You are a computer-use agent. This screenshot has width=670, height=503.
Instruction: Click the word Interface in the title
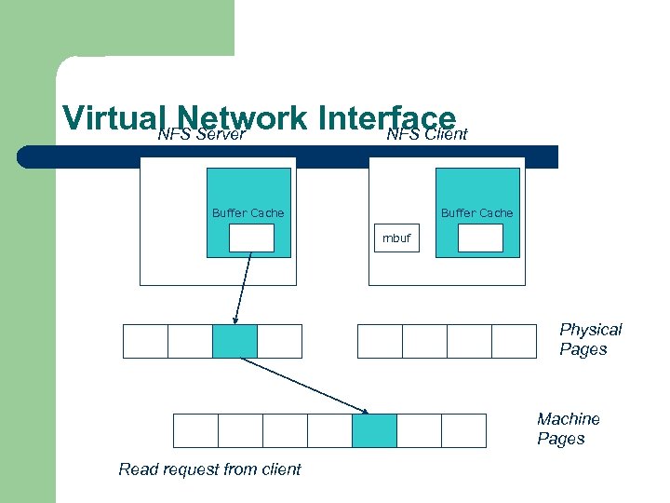pyautogui.click(x=386, y=118)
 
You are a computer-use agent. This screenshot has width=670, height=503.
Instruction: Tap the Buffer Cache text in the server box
pyautogui.click(x=248, y=213)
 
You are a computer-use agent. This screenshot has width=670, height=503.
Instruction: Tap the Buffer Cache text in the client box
pyautogui.click(x=476, y=213)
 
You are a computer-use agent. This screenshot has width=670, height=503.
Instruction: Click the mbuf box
pyautogui.click(x=395, y=238)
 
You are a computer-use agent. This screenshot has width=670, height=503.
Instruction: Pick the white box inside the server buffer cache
pyautogui.click(x=251, y=238)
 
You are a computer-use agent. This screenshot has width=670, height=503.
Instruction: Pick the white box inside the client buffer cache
pyautogui.click(x=480, y=238)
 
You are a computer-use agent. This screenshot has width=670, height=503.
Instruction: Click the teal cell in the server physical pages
pyautogui.click(x=234, y=341)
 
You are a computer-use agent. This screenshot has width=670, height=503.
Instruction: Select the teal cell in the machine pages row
pyautogui.click(x=374, y=430)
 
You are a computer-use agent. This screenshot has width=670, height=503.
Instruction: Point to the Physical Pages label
pyautogui.click(x=590, y=339)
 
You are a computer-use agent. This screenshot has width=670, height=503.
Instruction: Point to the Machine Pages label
pyautogui.click(x=568, y=429)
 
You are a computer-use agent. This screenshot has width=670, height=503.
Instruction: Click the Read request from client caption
pyautogui.click(x=209, y=469)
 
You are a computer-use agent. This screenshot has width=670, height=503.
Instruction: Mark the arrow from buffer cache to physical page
pyautogui.click(x=243, y=289)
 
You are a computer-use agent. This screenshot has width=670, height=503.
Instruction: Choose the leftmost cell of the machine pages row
pyautogui.click(x=195, y=430)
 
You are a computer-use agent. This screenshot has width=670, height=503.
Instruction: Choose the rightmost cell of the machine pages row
pyautogui.click(x=463, y=430)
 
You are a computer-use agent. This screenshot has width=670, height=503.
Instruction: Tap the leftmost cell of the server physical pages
pyautogui.click(x=145, y=341)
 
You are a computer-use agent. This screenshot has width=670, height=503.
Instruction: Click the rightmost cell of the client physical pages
pyautogui.click(x=514, y=341)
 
